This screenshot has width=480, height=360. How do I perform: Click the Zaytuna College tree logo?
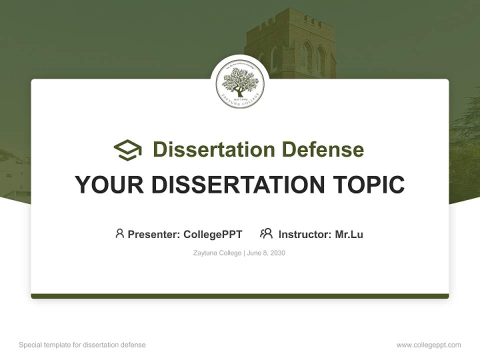pyautogui.click(x=240, y=83)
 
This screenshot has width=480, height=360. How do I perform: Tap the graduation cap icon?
pyautogui.click(x=127, y=150)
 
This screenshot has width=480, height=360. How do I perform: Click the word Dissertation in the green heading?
pyautogui.click(x=214, y=149)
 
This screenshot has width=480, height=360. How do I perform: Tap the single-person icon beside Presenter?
pyautogui.click(x=119, y=233)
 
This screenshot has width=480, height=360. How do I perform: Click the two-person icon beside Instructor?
pyautogui.click(x=266, y=233)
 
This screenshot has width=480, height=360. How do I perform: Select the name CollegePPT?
pyautogui.click(x=213, y=234)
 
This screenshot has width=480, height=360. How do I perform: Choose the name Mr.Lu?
pyautogui.click(x=349, y=234)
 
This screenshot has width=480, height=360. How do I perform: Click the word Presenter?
pyautogui.click(x=154, y=234)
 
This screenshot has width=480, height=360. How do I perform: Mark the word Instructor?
pyautogui.click(x=305, y=234)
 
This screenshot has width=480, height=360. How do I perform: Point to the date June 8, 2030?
pyautogui.click(x=266, y=253)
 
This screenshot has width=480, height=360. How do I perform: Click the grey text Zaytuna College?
pyautogui.click(x=217, y=253)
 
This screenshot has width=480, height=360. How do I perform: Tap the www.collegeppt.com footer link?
pyautogui.click(x=428, y=345)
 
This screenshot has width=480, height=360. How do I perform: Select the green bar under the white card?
pyautogui.click(x=240, y=296)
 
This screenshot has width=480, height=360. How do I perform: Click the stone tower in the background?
pyautogui.click(x=290, y=35)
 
